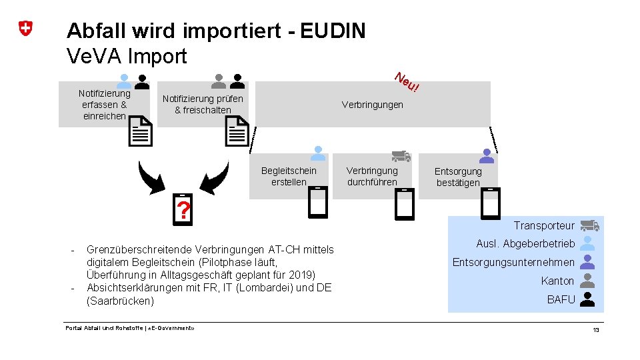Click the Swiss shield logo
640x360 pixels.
click(25, 29)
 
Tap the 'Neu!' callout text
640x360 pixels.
click(406, 81)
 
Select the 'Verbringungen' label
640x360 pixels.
click(372, 105)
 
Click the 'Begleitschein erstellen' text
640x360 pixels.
click(289, 176)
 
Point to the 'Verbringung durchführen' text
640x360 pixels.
click(372, 176)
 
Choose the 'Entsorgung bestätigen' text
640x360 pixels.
click(458, 177)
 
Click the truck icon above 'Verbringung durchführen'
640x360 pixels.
click(401, 156)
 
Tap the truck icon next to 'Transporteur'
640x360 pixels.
click(589, 225)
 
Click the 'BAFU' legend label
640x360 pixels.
click(561, 299)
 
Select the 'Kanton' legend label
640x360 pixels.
click(557, 281)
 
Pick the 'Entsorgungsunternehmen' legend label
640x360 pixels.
click(513, 262)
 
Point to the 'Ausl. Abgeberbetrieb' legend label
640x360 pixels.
click(525, 243)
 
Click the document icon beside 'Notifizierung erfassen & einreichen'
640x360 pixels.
click(140, 131)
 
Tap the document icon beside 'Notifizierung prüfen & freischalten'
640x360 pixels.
click(237, 131)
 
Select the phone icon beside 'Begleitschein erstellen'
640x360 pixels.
click(318, 202)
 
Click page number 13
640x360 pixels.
click(595, 331)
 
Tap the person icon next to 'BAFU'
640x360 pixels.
click(587, 299)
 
